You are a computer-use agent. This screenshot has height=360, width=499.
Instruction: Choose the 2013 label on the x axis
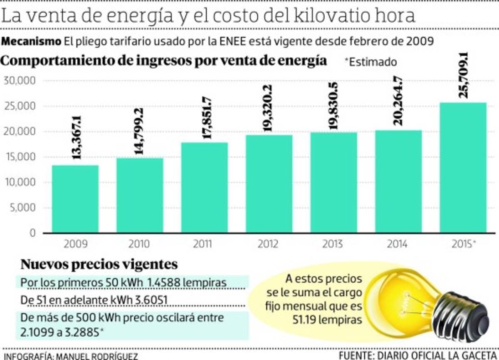click(x=334, y=244)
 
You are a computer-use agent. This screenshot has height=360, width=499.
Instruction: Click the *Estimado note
click(x=371, y=62)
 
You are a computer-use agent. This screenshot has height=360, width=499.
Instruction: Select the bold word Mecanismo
click(x=31, y=42)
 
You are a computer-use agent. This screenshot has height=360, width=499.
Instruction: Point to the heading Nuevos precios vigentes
click(x=99, y=264)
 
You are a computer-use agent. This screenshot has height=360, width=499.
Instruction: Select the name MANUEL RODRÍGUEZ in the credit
click(x=96, y=356)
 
